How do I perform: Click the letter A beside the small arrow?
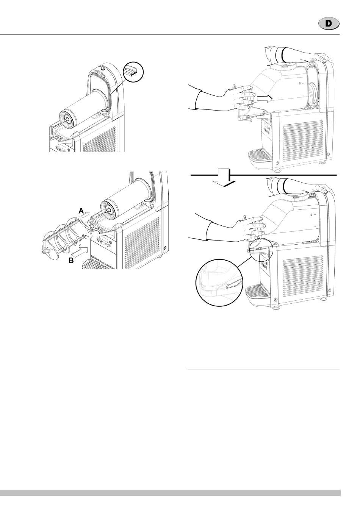[81, 211]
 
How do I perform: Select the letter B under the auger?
[71, 261]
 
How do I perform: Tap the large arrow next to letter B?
[81, 251]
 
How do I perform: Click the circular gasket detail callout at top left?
[133, 72]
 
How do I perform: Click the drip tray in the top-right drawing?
[259, 157]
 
